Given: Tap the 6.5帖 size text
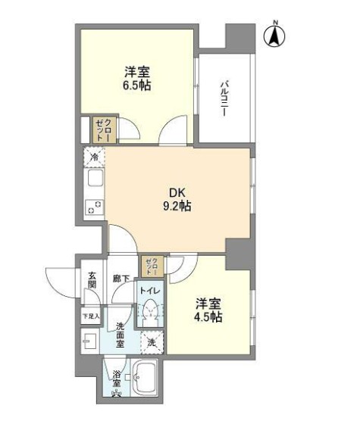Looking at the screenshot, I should click(138, 86).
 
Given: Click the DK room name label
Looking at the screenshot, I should click(177, 192).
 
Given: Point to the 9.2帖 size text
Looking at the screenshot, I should click(177, 206).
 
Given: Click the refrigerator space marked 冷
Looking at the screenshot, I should click(94, 157).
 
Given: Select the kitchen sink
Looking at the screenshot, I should click(95, 181).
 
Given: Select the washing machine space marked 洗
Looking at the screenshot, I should click(152, 342).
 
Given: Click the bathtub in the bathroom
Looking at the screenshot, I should click(145, 376).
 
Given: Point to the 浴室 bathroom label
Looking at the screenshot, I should click(117, 375).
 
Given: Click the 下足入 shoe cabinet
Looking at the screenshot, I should click(90, 315).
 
